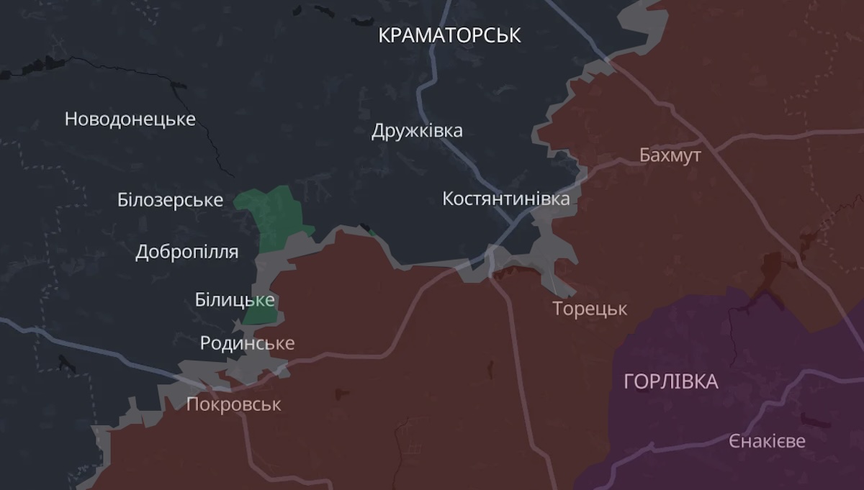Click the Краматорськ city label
point(449,35)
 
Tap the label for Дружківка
point(417,131)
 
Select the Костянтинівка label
point(505,199)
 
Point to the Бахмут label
point(670,155)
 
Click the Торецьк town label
point(590,309)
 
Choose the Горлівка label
point(670,381)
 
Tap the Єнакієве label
point(767,441)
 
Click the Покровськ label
point(233,404)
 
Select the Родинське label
point(247,343)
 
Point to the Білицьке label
point(235,300)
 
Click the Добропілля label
point(186,253)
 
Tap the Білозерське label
point(170,200)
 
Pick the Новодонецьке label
point(130,119)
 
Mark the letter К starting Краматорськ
point(384,35)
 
